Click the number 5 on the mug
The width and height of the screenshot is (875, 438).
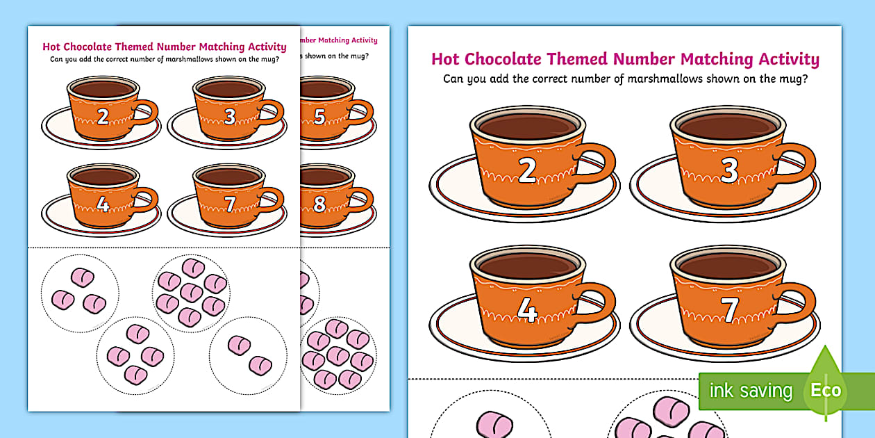pyautogui.click(x=319, y=116)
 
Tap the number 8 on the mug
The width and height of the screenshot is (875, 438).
pyautogui.click(x=319, y=204)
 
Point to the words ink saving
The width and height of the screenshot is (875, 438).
pyautogui.click(x=750, y=391)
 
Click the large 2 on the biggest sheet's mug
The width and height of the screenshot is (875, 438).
pyautogui.click(x=527, y=171)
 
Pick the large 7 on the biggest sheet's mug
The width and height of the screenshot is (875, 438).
pyautogui.click(x=729, y=311)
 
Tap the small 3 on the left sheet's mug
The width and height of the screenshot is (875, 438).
pyautogui.click(x=230, y=116)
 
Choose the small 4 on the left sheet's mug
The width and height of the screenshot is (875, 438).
pyautogui.click(x=103, y=204)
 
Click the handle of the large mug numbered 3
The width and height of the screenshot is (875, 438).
pyautogui.click(x=799, y=167)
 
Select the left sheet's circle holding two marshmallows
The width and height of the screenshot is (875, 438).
pyautogui.click(x=249, y=354)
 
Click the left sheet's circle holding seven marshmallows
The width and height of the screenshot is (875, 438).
pyautogui.click(x=191, y=292)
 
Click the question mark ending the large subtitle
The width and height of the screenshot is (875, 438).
pyautogui.click(x=804, y=79)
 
